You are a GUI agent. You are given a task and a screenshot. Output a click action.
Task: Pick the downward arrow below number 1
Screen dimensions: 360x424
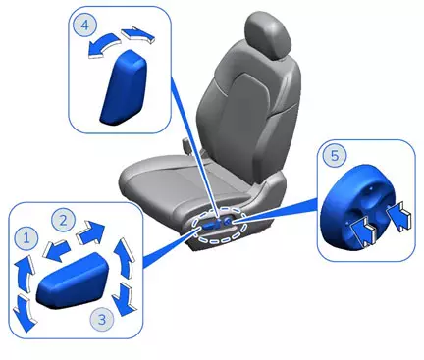22,312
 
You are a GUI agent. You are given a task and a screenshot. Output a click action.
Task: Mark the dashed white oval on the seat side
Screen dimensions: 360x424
225,227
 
